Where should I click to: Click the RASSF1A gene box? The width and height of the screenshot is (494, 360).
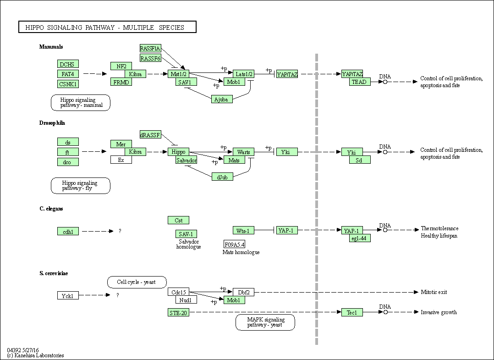pyautogui.click(x=150, y=48)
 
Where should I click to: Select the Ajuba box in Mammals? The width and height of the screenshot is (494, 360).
pyautogui.click(x=222, y=99)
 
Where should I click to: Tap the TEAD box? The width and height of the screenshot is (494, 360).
pyautogui.click(x=360, y=82)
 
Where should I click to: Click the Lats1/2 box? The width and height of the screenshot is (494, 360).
pyautogui.click(x=243, y=74)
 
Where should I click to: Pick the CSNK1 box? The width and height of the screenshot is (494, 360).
pyautogui.click(x=68, y=84)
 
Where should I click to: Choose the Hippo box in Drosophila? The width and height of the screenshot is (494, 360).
pyautogui.click(x=178, y=152)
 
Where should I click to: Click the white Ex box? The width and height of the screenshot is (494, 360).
pyautogui.click(x=121, y=160)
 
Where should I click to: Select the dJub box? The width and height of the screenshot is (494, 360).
pyautogui.click(x=222, y=177)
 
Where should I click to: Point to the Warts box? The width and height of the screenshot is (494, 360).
pyautogui.click(x=243, y=152)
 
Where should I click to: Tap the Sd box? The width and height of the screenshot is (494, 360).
pyautogui.click(x=360, y=160)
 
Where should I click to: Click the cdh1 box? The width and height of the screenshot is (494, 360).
pyautogui.click(x=68, y=232)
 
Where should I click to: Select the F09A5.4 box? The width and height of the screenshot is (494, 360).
pyautogui.click(x=234, y=244)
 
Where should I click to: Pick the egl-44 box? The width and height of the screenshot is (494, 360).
pyautogui.click(x=360, y=238)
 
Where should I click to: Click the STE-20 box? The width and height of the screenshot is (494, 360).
pyautogui.click(x=178, y=313)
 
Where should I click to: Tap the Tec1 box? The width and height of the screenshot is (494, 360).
pyautogui.click(x=352, y=312)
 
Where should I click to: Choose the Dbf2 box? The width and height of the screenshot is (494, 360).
pyautogui.click(x=243, y=292)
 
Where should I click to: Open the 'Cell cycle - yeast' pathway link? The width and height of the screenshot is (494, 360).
pyautogui.click(x=137, y=282)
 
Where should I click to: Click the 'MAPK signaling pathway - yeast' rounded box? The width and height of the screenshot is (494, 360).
pyautogui.click(x=265, y=322)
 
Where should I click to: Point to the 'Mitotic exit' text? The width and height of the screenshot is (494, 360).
pyautogui.click(x=434, y=292)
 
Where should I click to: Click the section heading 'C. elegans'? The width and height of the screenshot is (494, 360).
pyautogui.click(x=51, y=209)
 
